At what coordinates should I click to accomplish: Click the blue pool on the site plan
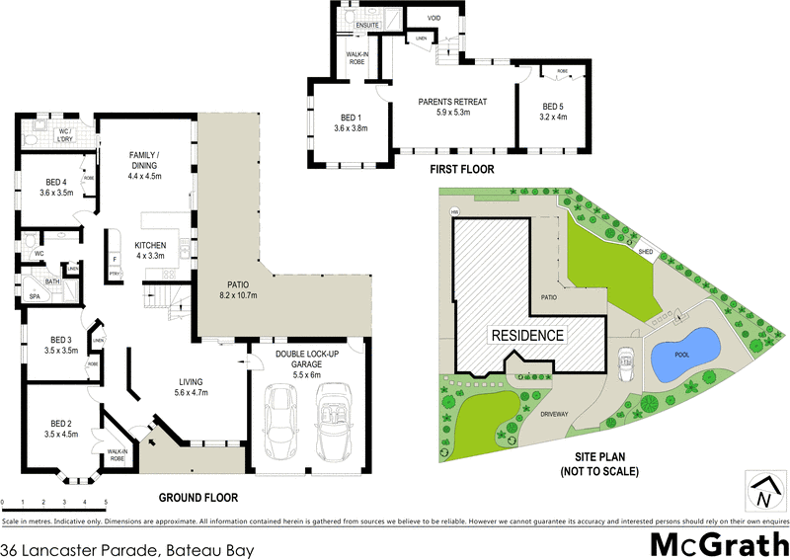[683, 354]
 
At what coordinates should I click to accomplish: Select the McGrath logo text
[719, 544]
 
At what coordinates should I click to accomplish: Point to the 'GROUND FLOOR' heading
[198, 497]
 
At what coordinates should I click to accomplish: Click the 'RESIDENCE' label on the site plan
[527, 335]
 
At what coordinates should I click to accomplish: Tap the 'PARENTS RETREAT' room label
[453, 102]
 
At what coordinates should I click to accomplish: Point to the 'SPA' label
[35, 296]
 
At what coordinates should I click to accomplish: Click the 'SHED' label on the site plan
[646, 252]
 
